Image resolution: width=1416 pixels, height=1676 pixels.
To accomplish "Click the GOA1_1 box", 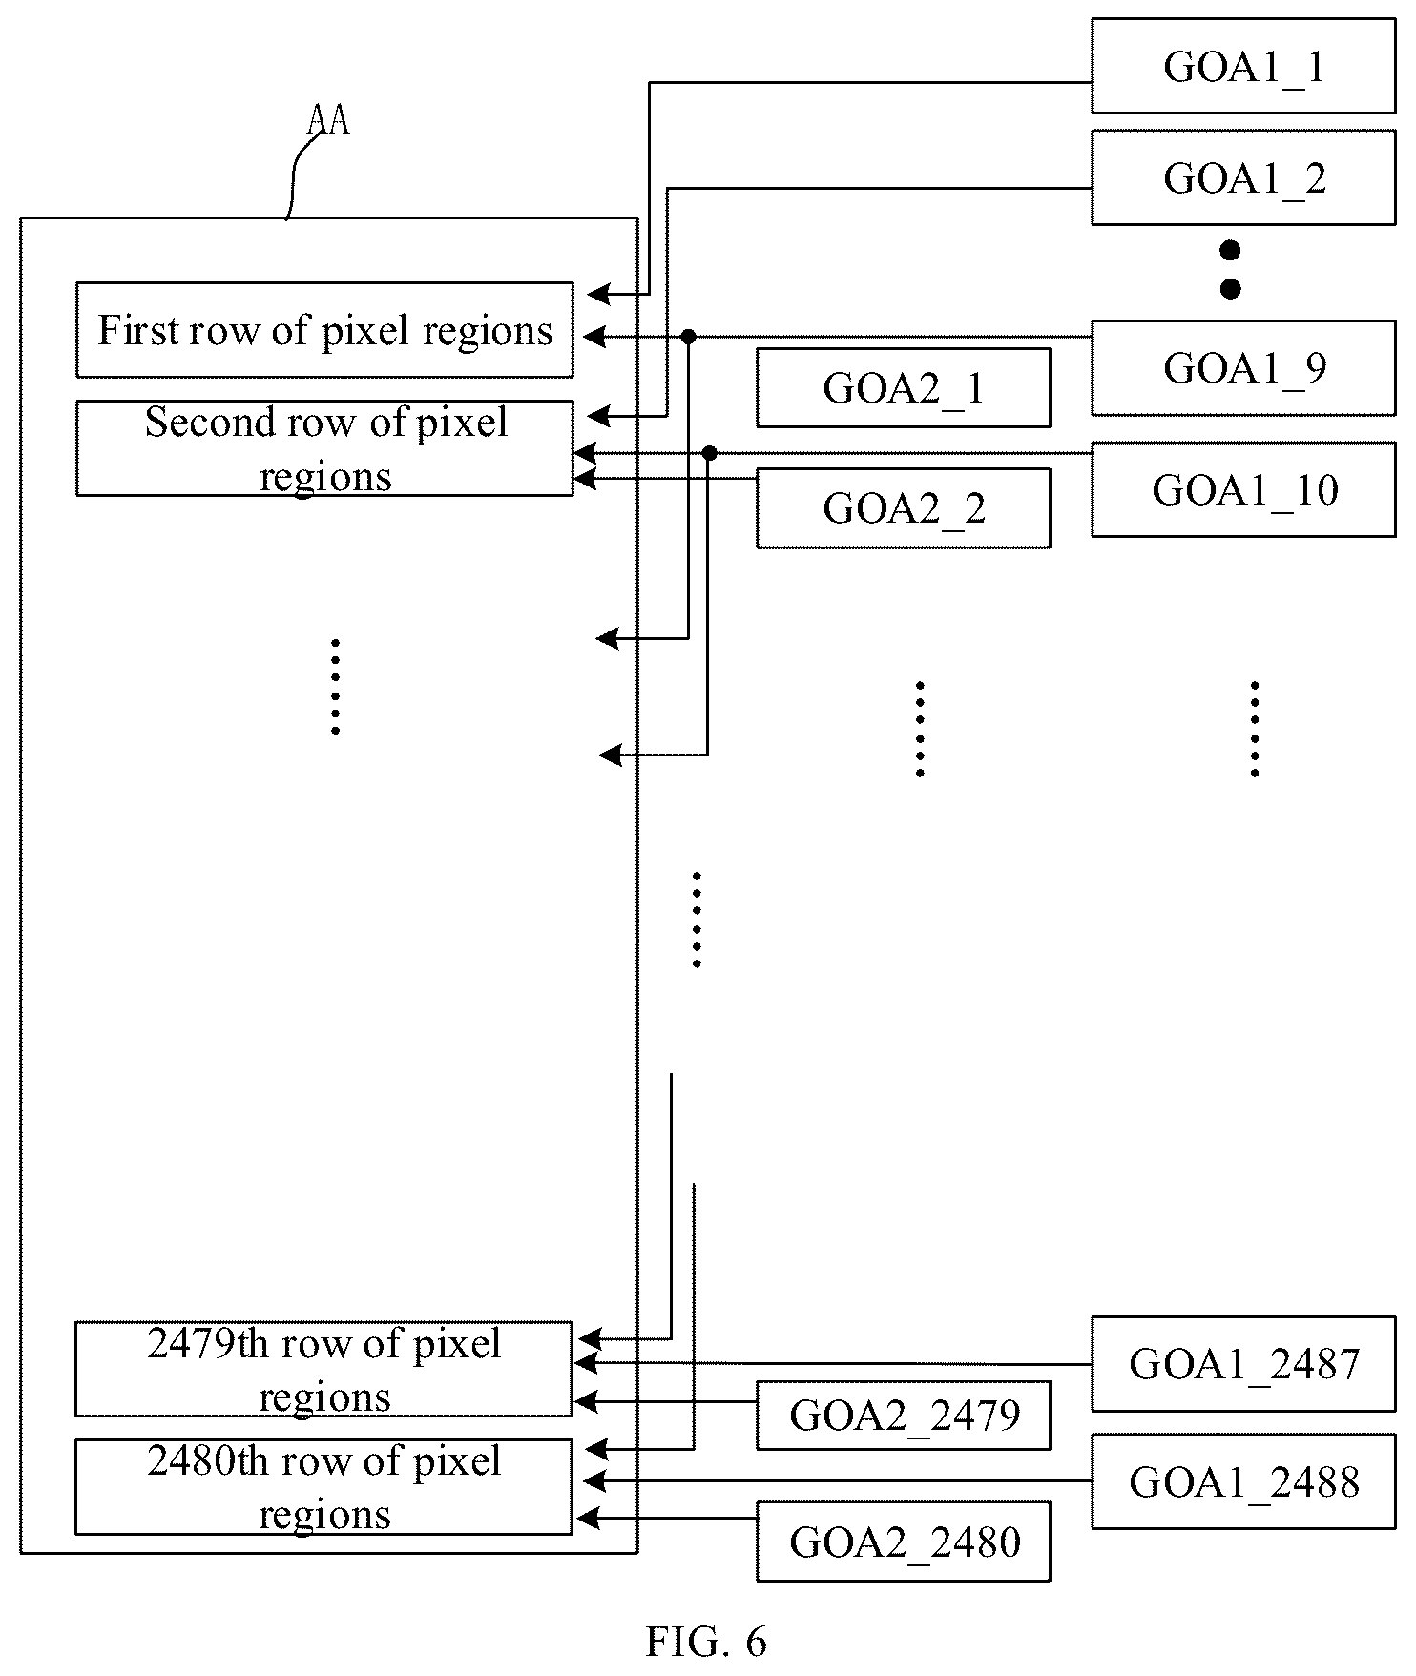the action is pyautogui.click(x=1243, y=65).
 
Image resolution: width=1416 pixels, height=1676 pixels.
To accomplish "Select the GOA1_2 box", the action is pyautogui.click(x=1243, y=177).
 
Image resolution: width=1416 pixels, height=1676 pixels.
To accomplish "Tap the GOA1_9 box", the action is pyautogui.click(x=1243, y=367).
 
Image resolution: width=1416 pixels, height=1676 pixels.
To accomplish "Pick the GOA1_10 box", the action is pyautogui.click(x=1243, y=488).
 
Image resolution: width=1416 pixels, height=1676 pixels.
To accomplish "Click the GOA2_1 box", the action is pyautogui.click(x=903, y=387).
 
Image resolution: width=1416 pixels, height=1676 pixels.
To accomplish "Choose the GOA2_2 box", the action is pyautogui.click(x=903, y=507).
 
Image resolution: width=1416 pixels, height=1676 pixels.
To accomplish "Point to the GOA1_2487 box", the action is pyautogui.click(x=1243, y=1363).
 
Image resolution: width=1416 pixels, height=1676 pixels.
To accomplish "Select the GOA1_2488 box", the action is pyautogui.click(x=1243, y=1480).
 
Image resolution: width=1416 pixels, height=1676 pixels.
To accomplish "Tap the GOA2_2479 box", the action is pyautogui.click(x=903, y=1415).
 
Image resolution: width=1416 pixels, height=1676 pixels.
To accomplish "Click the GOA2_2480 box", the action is pyautogui.click(x=903, y=1542).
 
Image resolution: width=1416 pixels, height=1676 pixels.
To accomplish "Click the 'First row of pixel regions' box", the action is pyautogui.click(x=324, y=329).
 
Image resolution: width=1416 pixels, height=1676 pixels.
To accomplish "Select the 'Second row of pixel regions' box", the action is pyautogui.click(x=324, y=448).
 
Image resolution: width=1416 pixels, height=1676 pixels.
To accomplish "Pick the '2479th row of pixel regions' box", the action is pyautogui.click(x=323, y=1369).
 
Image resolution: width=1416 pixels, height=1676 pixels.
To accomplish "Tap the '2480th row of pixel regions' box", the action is pyautogui.click(x=323, y=1486).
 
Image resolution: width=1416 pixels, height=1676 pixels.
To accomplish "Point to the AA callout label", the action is pyautogui.click(x=328, y=121).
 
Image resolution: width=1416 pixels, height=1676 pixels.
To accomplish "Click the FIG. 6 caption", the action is pyautogui.click(x=706, y=1642).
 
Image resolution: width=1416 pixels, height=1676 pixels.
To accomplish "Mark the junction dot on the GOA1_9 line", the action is pyautogui.click(x=688, y=336).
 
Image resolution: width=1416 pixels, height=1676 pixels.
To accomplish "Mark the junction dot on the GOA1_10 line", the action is pyautogui.click(x=709, y=453).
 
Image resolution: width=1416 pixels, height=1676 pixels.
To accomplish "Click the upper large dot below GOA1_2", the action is pyautogui.click(x=1230, y=251).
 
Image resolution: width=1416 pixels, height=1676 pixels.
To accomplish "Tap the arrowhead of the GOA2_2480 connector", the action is pyautogui.click(x=586, y=1517).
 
